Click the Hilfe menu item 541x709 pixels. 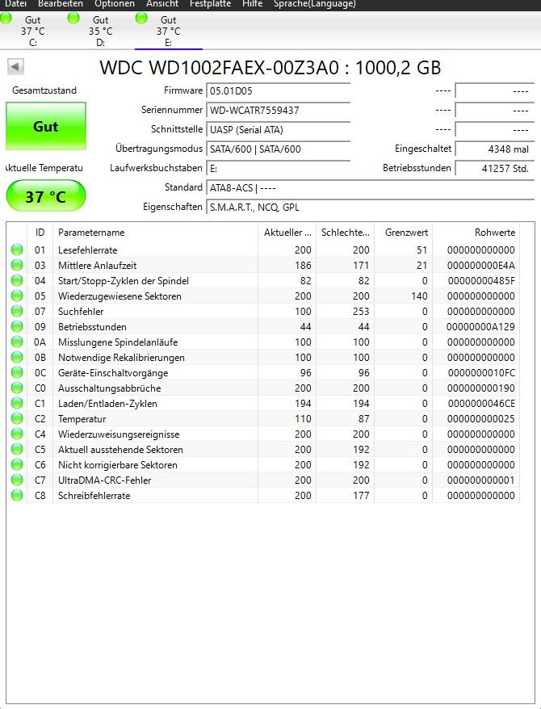tap(251, 4)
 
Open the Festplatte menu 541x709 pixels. tap(210, 4)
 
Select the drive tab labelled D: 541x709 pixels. tap(100, 31)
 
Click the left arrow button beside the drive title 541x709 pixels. tap(15, 67)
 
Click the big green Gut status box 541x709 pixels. tap(45, 127)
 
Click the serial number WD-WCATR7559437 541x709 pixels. tap(254, 110)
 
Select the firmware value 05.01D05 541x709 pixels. tap(231, 90)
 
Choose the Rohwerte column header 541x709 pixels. tap(494, 233)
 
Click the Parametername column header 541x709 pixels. tap(91, 233)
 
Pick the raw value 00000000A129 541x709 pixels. tap(481, 327)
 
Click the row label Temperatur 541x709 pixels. tap(82, 419)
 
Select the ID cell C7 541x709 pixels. tap(40, 480)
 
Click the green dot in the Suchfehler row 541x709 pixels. tap(17, 312)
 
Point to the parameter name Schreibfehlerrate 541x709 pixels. tap(94, 496)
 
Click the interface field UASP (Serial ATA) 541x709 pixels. tap(246, 129)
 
